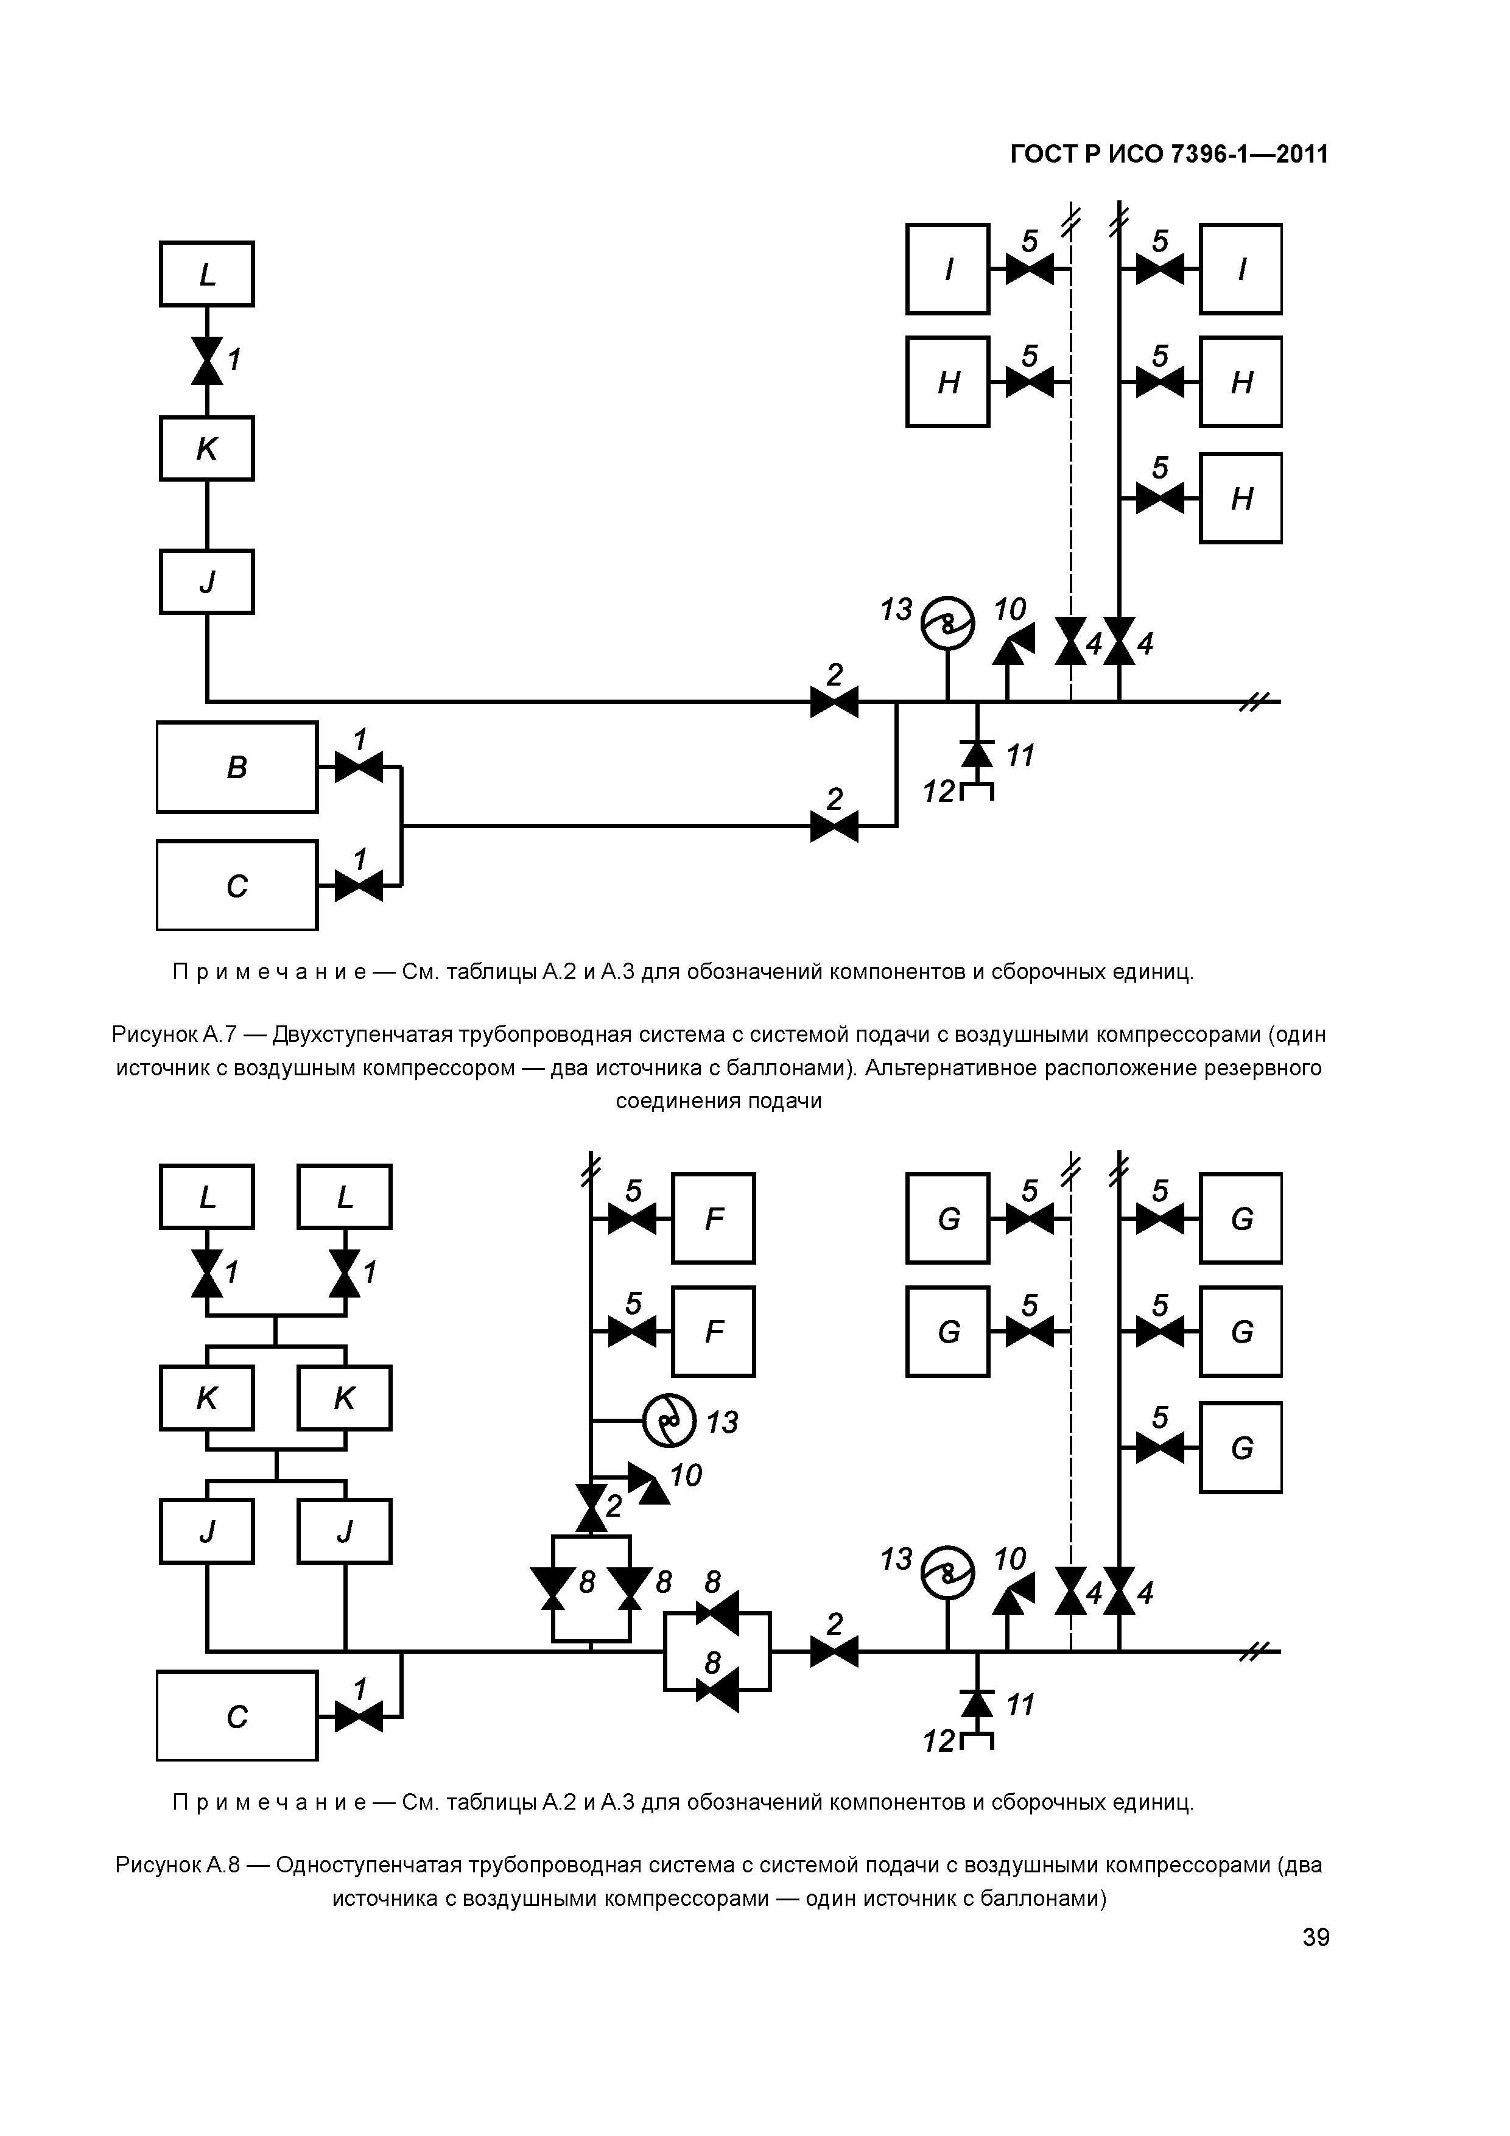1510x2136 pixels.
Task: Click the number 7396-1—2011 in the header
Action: click(1249, 155)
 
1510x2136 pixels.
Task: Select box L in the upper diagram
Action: click(206, 275)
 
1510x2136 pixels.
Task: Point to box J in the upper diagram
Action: click(206, 582)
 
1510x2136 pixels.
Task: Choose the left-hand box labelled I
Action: click(947, 269)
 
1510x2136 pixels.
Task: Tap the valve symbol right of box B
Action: click(358, 767)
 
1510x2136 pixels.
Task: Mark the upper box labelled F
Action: click(714, 1219)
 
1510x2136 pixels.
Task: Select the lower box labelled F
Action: click(714, 1332)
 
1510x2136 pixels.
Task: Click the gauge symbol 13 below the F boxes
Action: click(669, 1421)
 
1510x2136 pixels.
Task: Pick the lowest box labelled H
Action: click(1240, 499)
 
